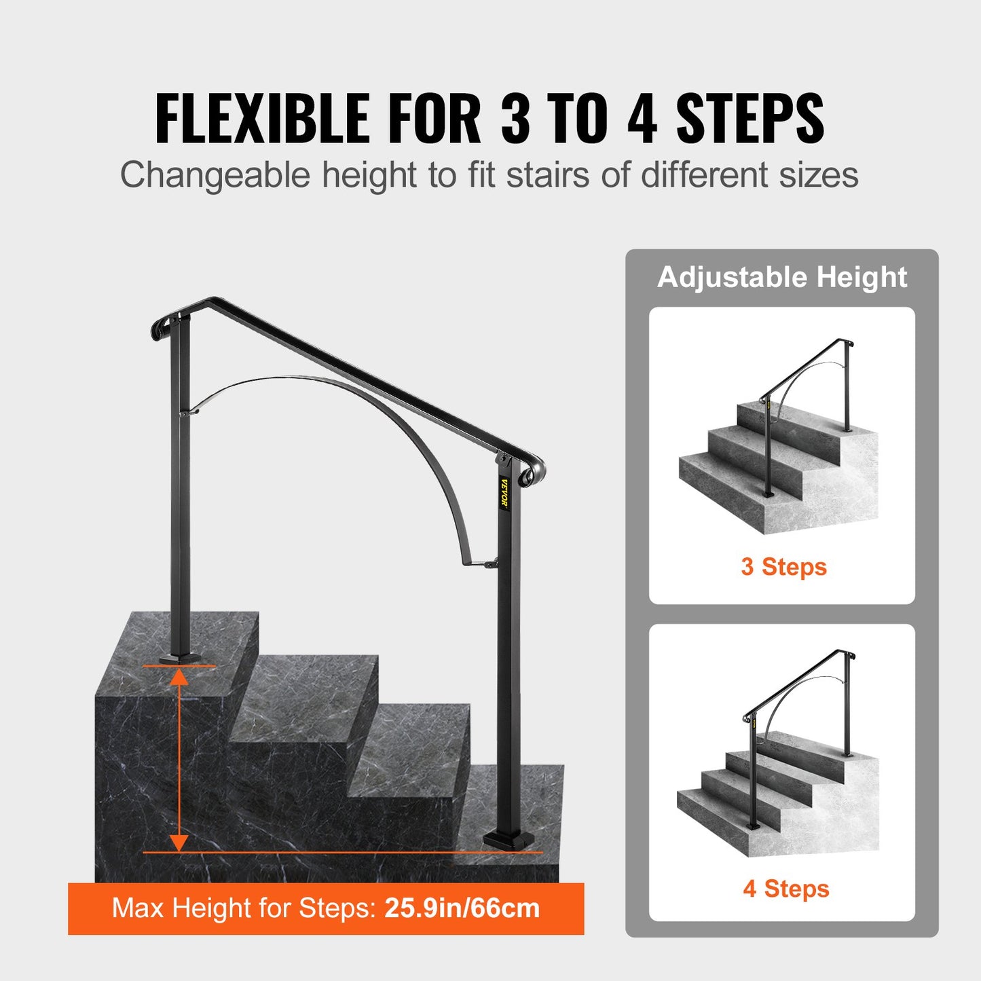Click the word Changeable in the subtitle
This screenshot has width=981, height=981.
[215, 175]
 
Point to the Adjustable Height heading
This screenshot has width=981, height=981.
[782, 277]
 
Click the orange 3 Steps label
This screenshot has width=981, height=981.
[783, 567]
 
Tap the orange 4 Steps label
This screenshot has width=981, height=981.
[785, 889]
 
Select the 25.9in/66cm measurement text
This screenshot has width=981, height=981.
[462, 908]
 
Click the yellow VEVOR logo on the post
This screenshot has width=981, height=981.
[504, 493]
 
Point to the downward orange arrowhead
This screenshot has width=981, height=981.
[179, 842]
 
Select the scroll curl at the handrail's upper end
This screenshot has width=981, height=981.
[160, 328]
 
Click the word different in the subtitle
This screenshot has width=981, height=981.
[704, 175]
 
